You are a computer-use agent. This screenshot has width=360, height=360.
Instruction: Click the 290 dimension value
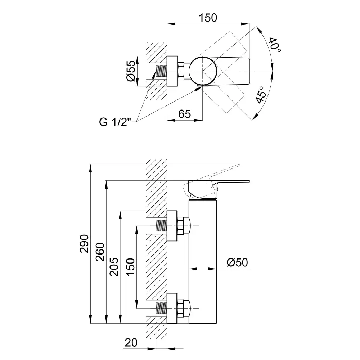(x=84, y=244)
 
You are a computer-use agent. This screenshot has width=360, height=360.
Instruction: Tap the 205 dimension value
(x=114, y=266)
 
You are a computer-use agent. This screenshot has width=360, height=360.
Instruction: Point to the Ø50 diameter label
(x=237, y=263)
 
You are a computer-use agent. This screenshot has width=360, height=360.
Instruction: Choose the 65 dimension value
(x=184, y=114)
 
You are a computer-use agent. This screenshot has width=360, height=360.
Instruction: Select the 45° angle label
(x=262, y=95)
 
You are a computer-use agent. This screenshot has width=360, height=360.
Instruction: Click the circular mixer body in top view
(x=203, y=71)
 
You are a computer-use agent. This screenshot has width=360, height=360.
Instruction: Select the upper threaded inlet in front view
(x=161, y=226)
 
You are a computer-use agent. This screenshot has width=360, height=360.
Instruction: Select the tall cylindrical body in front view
(x=203, y=263)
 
